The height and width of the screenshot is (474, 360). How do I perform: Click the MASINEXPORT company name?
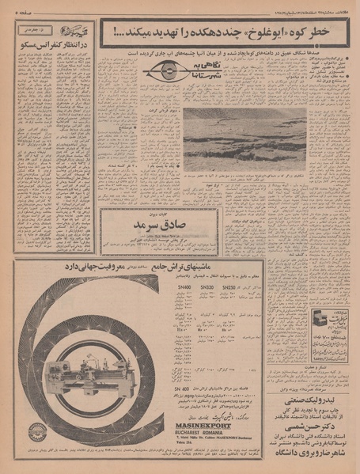(x=187, y=424)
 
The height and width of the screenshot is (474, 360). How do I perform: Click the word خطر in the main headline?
(x=335, y=32)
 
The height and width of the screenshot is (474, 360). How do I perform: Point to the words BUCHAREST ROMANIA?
(x=187, y=432)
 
